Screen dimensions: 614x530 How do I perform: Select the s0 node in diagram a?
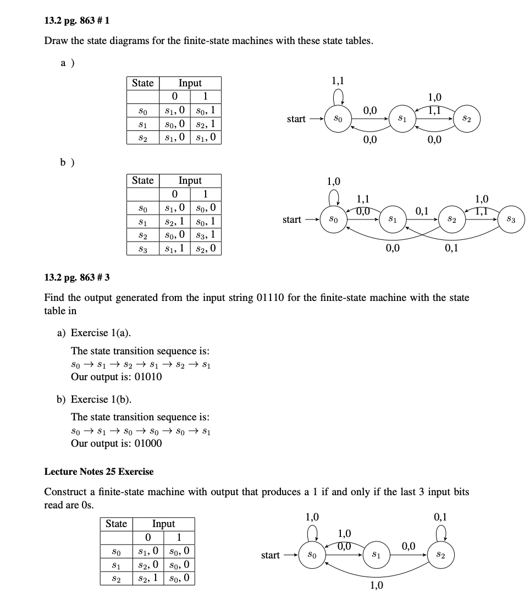(x=338, y=119)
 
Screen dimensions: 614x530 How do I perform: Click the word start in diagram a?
(x=296, y=119)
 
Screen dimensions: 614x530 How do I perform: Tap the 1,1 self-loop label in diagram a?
(x=338, y=81)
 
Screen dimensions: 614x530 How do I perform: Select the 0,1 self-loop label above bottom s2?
(x=441, y=517)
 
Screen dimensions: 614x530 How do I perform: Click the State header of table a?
(x=142, y=83)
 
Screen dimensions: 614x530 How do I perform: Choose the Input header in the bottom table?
(x=163, y=524)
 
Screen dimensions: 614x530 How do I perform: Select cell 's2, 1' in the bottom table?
(x=148, y=578)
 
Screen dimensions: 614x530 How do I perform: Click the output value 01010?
(x=145, y=377)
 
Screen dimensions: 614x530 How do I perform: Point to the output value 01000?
(x=145, y=443)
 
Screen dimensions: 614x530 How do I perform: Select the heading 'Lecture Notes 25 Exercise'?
(x=99, y=472)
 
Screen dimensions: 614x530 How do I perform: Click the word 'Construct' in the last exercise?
(x=65, y=492)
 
